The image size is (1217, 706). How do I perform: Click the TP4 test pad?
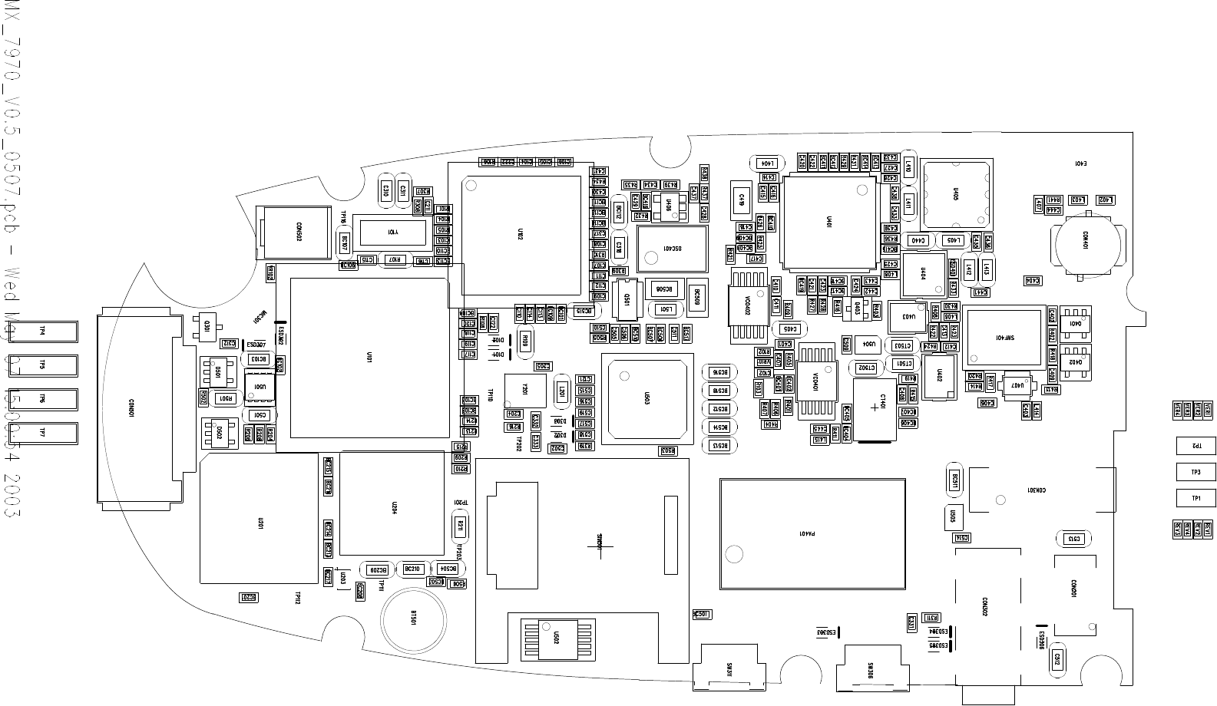click(44, 332)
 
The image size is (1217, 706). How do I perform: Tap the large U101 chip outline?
click(369, 358)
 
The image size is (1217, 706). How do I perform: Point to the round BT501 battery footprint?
click(415, 619)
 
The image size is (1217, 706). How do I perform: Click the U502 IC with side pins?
click(557, 638)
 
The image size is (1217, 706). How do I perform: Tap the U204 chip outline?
click(392, 503)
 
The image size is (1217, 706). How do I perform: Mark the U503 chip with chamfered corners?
click(647, 398)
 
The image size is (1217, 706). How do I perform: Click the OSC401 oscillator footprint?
click(672, 249)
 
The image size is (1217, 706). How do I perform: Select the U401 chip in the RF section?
click(828, 222)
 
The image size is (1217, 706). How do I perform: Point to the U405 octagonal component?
click(956, 196)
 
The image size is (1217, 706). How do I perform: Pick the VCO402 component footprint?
click(748, 307)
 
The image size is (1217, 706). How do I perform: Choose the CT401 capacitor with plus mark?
click(875, 408)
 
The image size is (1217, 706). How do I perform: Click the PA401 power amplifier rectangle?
click(812, 533)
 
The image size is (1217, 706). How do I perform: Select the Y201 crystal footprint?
click(525, 391)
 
